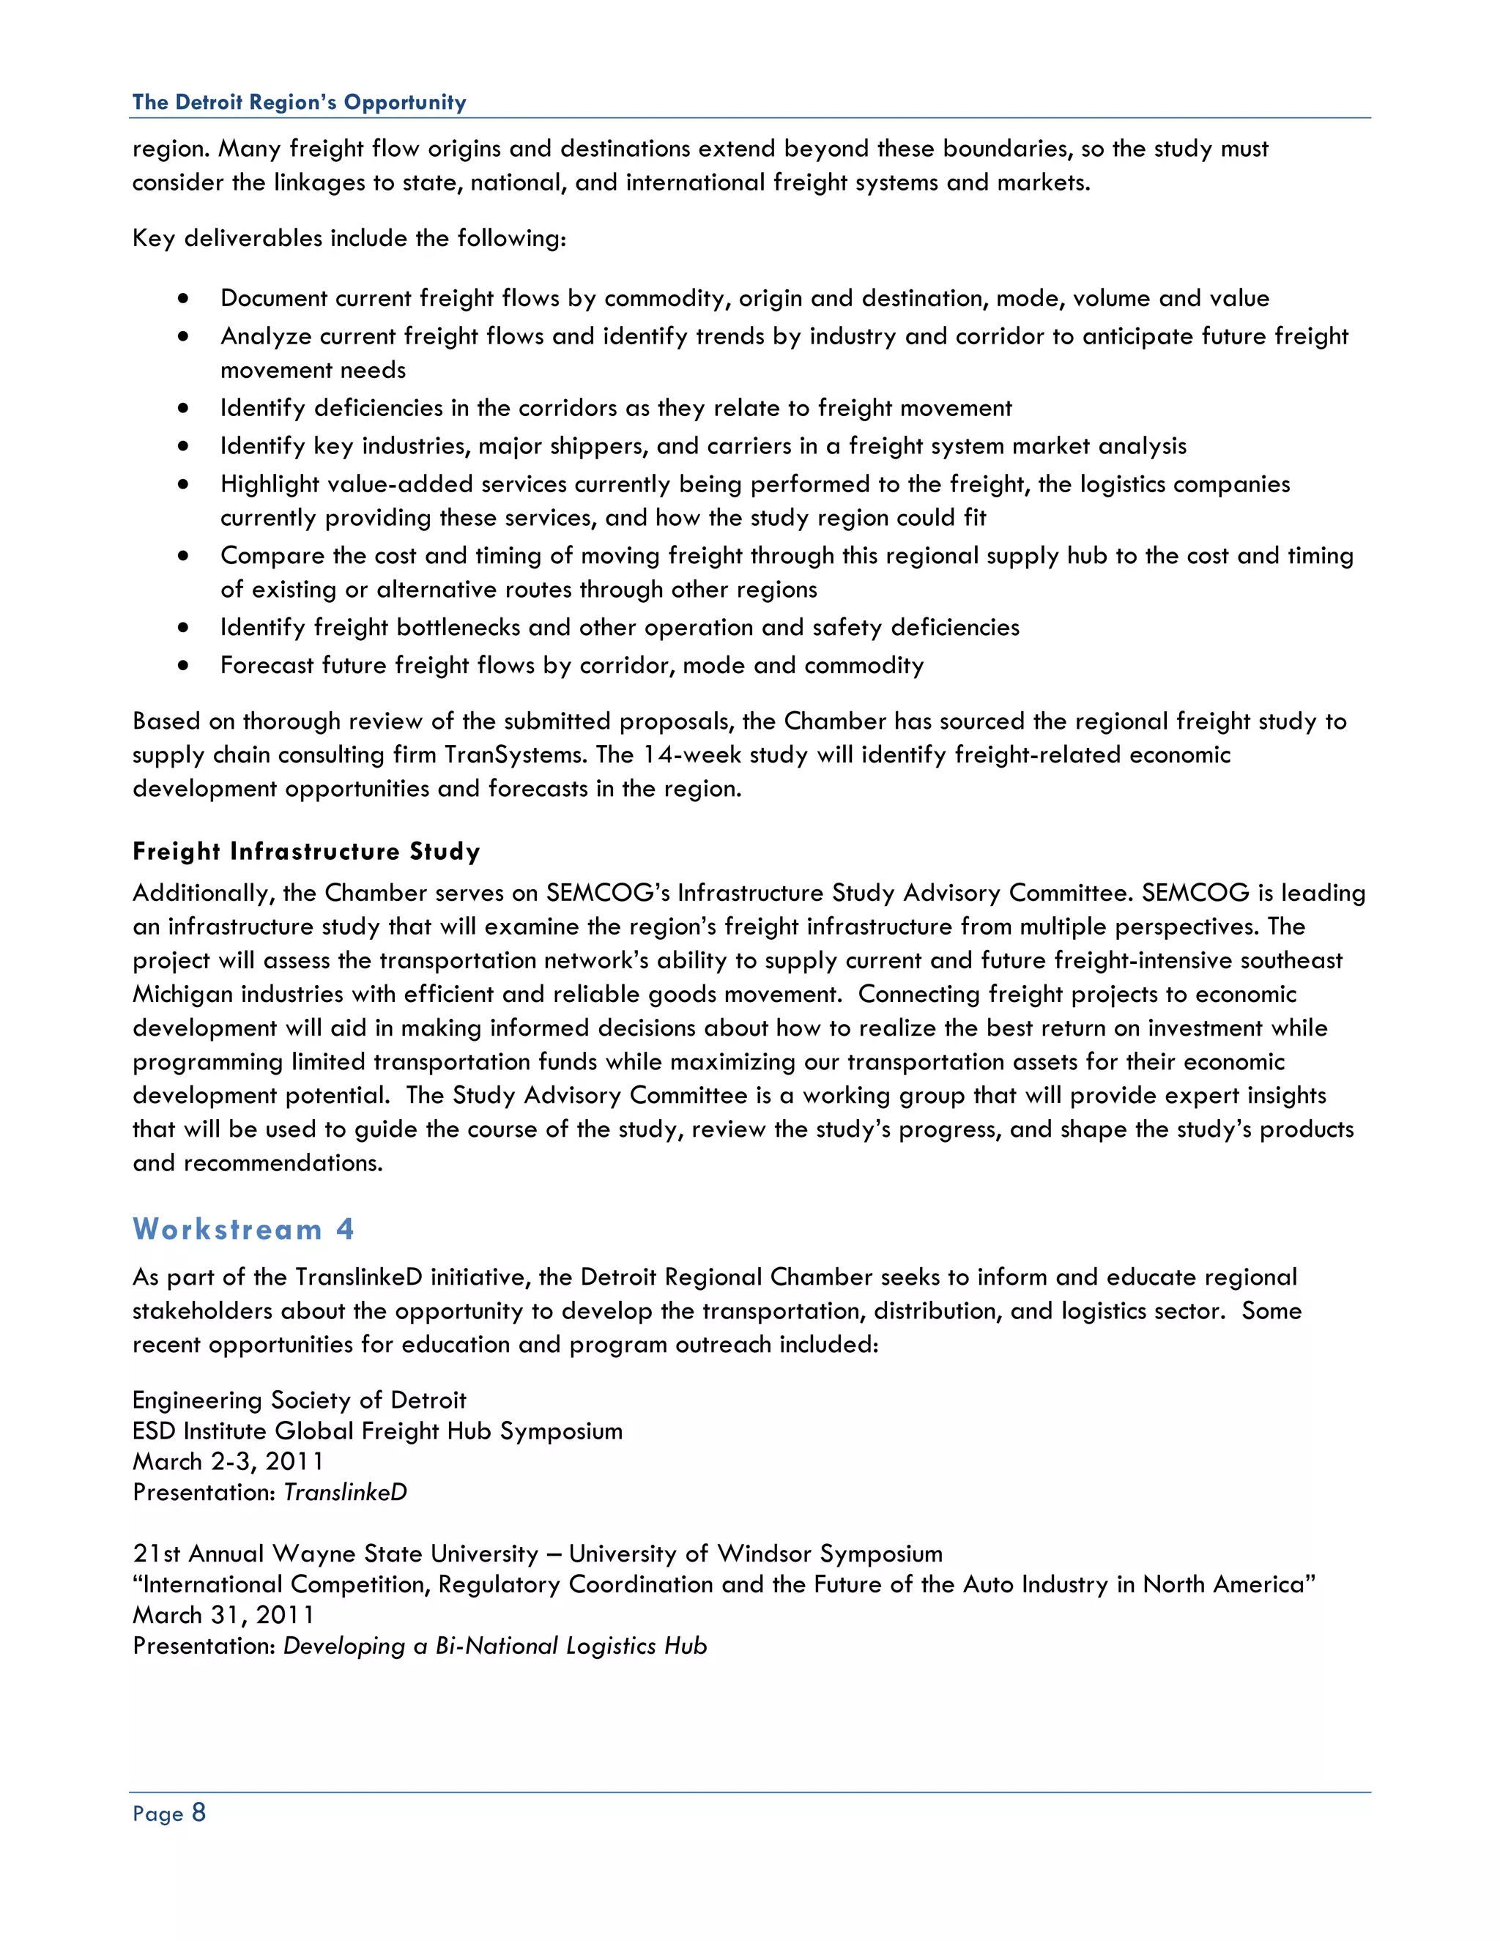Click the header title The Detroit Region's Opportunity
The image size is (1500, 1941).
tap(299, 103)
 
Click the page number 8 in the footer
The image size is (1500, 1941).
tap(198, 1812)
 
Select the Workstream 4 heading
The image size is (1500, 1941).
tap(243, 1229)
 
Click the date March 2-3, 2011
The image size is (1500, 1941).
tap(228, 1461)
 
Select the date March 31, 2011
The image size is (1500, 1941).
tap(223, 1615)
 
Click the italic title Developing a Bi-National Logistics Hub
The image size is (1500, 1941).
tap(495, 1646)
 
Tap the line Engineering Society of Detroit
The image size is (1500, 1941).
tap(299, 1400)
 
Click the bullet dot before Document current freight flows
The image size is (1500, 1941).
tap(183, 299)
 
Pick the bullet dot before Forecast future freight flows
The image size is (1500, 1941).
tap(183, 666)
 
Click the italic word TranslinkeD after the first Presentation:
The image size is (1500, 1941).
tap(345, 1492)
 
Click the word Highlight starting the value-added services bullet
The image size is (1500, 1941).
tap(270, 484)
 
